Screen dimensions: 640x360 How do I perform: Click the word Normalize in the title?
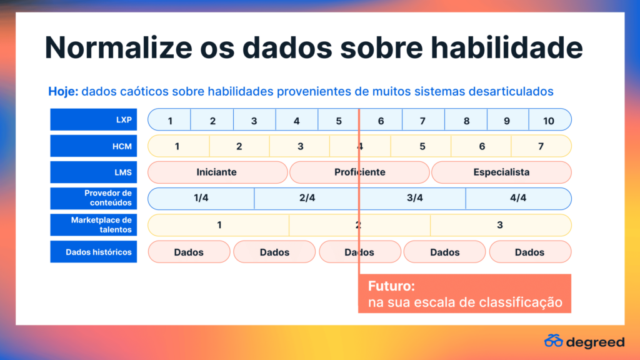[x=118, y=47]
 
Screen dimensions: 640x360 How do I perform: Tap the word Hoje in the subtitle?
[x=63, y=91]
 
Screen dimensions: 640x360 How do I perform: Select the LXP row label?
[x=94, y=119]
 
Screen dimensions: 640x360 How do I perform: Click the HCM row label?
[x=94, y=146]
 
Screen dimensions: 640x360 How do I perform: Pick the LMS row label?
[x=94, y=172]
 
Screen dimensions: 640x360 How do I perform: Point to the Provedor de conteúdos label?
[x=94, y=198]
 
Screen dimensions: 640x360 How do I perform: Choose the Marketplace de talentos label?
[x=94, y=225]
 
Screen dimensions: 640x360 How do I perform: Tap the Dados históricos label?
[x=94, y=252]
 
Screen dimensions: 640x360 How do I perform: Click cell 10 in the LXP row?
[x=550, y=120]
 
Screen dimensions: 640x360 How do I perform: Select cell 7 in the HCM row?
[x=541, y=146]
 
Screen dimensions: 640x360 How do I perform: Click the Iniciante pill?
[x=217, y=172]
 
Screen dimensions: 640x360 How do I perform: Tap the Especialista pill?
[x=501, y=172]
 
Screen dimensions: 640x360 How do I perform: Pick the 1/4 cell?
[x=201, y=198]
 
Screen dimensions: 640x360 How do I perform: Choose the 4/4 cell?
[x=518, y=198]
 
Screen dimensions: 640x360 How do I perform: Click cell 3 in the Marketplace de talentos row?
[x=501, y=225]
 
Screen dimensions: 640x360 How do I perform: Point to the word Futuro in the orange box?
[x=391, y=286]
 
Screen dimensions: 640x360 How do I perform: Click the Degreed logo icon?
[x=554, y=341]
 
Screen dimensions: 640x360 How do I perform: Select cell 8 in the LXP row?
[x=466, y=120]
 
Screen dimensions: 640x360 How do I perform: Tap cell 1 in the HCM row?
[x=178, y=146]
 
